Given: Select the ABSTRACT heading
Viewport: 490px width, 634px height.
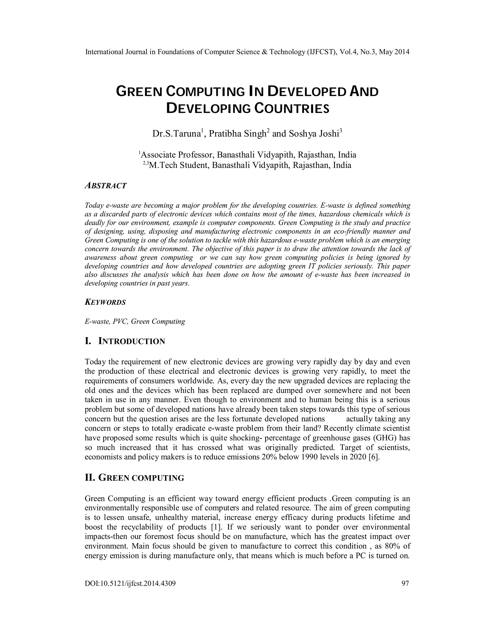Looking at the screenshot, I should coord(106,186).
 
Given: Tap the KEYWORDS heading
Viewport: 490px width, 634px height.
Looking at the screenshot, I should coord(105,302).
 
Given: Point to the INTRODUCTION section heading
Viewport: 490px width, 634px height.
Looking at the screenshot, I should coord(132,341).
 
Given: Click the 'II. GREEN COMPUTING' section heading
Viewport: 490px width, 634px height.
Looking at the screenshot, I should coord(134,478).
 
